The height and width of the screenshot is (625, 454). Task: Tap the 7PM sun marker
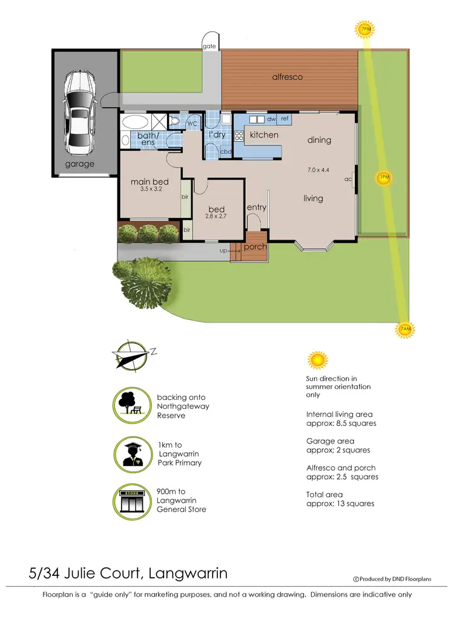(x=366, y=28)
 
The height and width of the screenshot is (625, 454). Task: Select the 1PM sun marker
(x=383, y=178)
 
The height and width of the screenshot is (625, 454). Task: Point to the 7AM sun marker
(x=405, y=329)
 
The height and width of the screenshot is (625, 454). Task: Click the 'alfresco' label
(x=287, y=77)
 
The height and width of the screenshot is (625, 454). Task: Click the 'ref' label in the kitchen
(x=284, y=119)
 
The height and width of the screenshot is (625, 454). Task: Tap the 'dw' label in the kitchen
(x=271, y=119)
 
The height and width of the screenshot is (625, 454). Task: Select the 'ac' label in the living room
(x=348, y=179)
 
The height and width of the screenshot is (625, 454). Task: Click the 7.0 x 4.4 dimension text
(x=318, y=170)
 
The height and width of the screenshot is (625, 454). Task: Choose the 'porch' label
(x=255, y=247)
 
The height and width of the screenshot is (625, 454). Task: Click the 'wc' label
(x=192, y=123)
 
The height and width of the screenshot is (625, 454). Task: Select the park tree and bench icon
(x=131, y=404)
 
